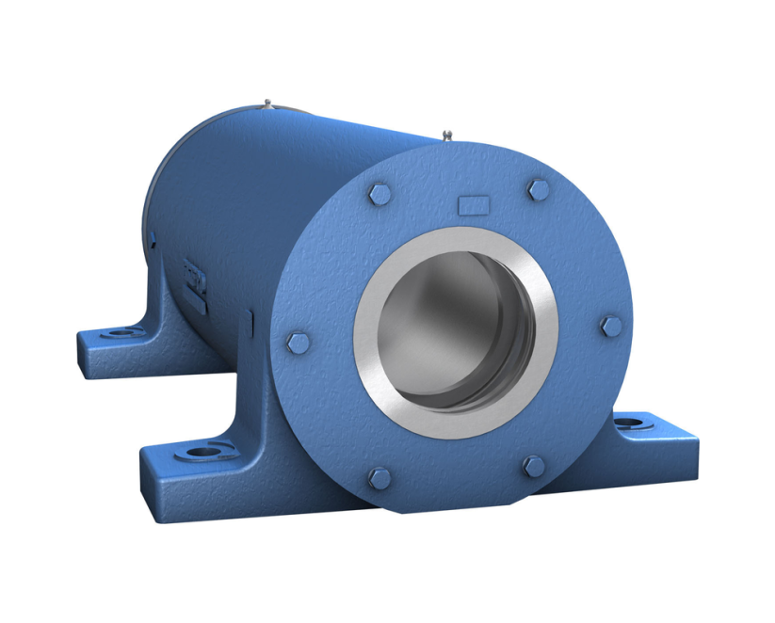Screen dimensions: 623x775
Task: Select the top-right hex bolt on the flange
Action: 538,190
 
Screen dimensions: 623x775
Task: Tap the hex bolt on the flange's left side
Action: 298,342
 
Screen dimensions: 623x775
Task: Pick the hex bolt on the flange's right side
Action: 611,327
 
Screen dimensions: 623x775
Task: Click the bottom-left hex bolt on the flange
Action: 379,478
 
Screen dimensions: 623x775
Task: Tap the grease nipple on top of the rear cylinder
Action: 268,103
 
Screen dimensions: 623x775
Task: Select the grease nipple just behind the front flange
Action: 445,136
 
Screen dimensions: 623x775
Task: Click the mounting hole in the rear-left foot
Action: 120,333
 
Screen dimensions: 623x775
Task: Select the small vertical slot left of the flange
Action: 249,323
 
